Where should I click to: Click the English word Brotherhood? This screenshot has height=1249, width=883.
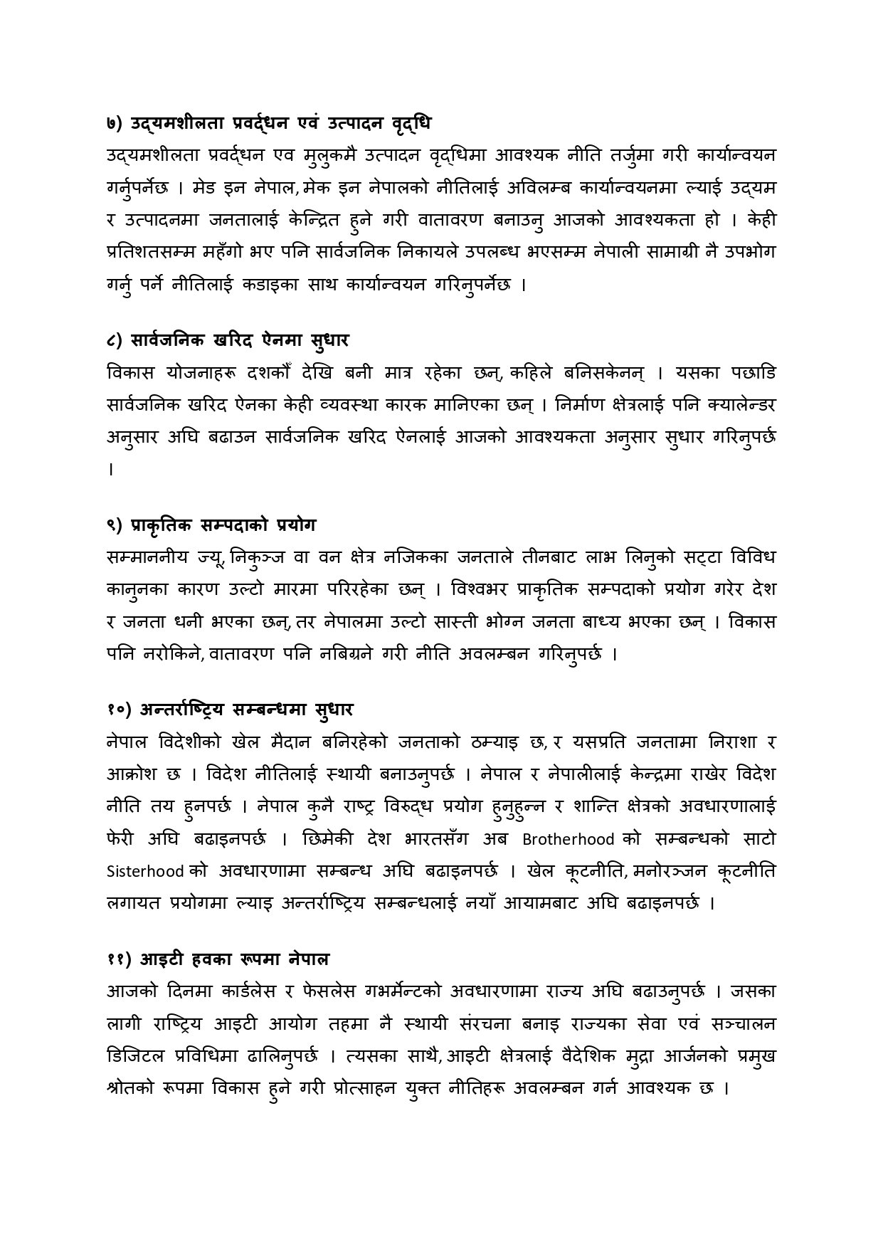coord(569,839)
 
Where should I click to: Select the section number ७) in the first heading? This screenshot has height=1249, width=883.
coord(115,123)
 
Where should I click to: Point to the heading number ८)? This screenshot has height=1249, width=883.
coord(115,341)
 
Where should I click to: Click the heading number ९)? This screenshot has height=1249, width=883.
coord(115,525)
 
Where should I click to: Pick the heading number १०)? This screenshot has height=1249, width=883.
coord(118,710)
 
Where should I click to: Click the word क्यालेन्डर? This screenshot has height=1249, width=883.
coord(729,405)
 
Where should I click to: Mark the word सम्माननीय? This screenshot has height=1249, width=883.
coord(146,557)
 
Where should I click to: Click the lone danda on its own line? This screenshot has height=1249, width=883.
coord(110,469)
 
